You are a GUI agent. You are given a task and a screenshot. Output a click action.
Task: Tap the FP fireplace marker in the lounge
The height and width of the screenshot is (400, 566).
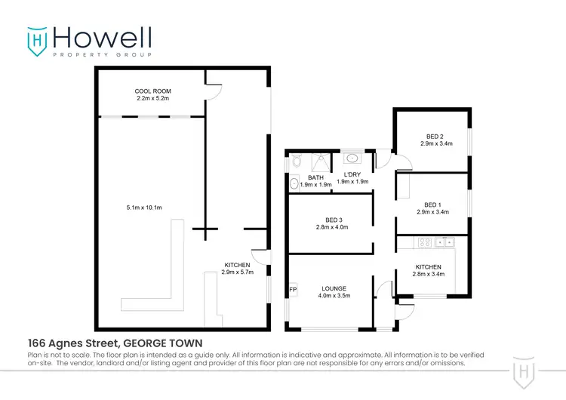click(x=292, y=289)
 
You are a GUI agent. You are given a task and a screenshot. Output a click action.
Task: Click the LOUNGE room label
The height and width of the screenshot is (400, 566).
click(x=334, y=288)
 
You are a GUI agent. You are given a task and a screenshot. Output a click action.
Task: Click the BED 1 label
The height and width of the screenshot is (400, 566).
click(x=432, y=204)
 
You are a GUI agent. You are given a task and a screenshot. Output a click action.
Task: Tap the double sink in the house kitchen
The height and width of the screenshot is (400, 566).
click(x=444, y=242)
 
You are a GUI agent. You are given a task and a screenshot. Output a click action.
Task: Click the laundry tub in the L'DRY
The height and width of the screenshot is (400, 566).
click(x=352, y=159)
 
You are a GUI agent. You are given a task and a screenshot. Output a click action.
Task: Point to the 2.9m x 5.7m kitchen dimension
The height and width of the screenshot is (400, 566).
click(x=237, y=272)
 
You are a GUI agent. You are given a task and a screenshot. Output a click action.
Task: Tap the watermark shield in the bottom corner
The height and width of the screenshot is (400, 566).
click(x=525, y=370)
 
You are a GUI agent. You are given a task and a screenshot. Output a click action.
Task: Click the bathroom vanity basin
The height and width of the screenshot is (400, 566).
click(x=294, y=182)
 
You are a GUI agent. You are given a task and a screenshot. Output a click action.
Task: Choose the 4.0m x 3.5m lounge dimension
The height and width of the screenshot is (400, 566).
click(x=334, y=296)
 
